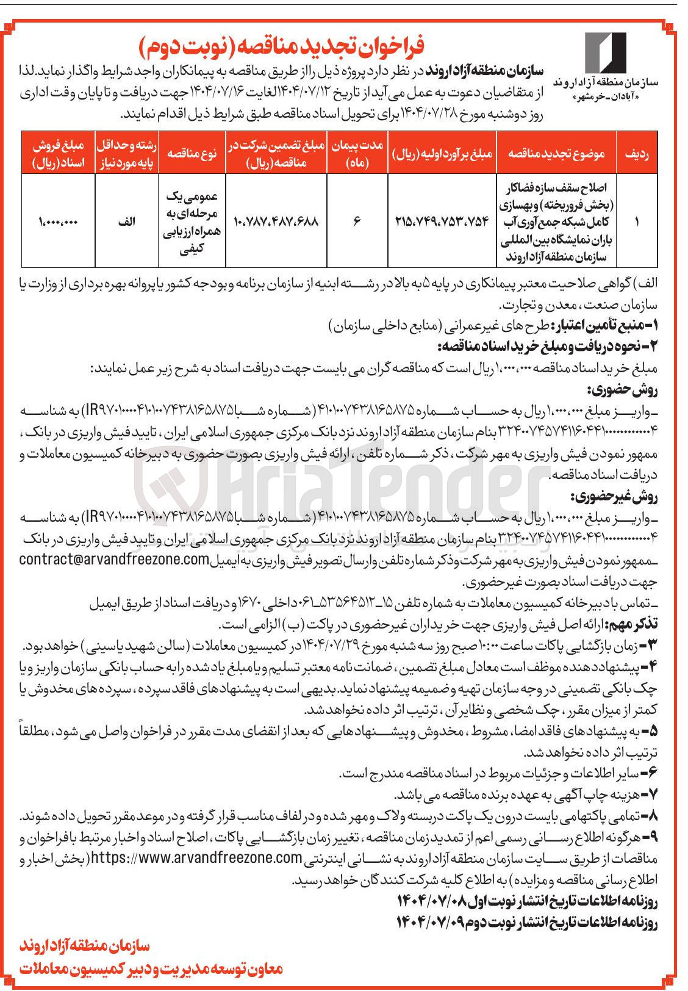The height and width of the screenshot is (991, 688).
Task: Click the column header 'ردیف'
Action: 637,154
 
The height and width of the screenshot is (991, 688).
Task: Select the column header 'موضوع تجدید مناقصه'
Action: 556,154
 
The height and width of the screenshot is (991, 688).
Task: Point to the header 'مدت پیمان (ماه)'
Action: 357,154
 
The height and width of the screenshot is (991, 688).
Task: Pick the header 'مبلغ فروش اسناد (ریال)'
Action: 58,154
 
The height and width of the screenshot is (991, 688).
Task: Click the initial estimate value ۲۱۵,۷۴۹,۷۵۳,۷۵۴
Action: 441,222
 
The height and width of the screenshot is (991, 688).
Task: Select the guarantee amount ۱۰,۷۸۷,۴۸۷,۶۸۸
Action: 276,222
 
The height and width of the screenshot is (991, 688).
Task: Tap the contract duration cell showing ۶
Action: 357,222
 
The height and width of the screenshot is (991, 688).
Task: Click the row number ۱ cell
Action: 637,222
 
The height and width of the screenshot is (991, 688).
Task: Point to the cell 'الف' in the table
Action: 126,222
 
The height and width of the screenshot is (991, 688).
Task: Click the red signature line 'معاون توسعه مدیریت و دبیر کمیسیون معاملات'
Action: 152,968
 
